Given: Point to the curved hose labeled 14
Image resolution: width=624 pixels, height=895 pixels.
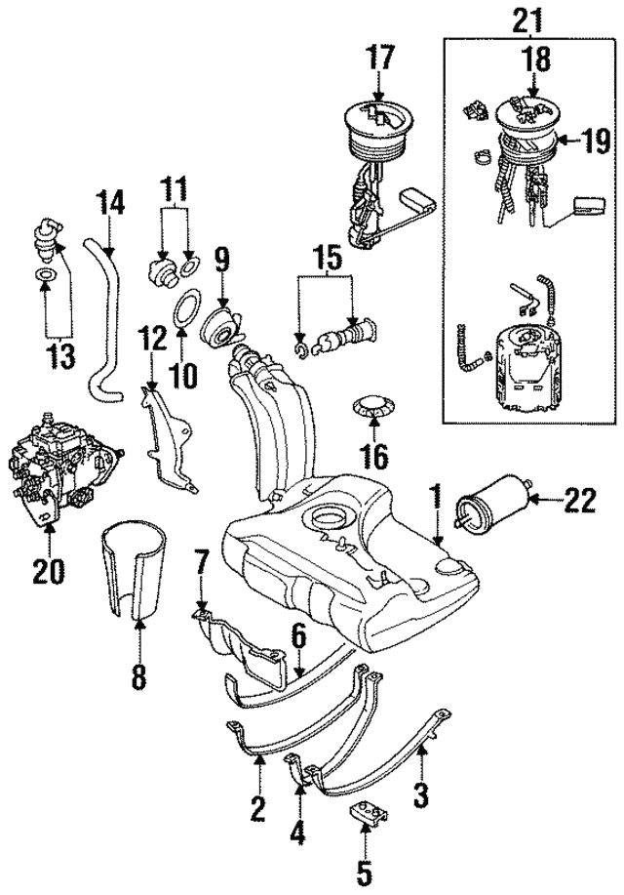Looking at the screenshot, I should coord(102,322).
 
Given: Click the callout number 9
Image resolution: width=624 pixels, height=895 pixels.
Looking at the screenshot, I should coord(221,260).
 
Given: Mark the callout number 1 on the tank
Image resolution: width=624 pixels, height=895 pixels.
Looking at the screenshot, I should coord(438,492).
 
